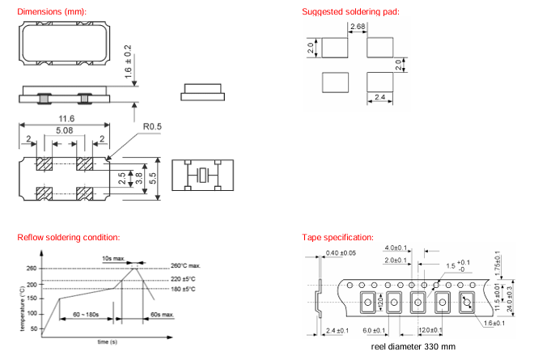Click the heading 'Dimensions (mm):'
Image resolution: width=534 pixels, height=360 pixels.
point(51,11)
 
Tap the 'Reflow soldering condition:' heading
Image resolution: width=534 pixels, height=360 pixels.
point(69,237)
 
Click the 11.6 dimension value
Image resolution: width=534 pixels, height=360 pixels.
point(65,118)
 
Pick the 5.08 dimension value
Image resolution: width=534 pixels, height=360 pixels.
point(65,129)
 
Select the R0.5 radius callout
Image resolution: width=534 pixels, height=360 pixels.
point(153,127)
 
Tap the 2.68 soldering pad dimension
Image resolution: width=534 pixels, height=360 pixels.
point(357,28)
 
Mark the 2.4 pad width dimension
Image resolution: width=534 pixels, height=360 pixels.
point(376,99)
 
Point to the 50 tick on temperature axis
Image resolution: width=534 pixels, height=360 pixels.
point(33,329)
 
